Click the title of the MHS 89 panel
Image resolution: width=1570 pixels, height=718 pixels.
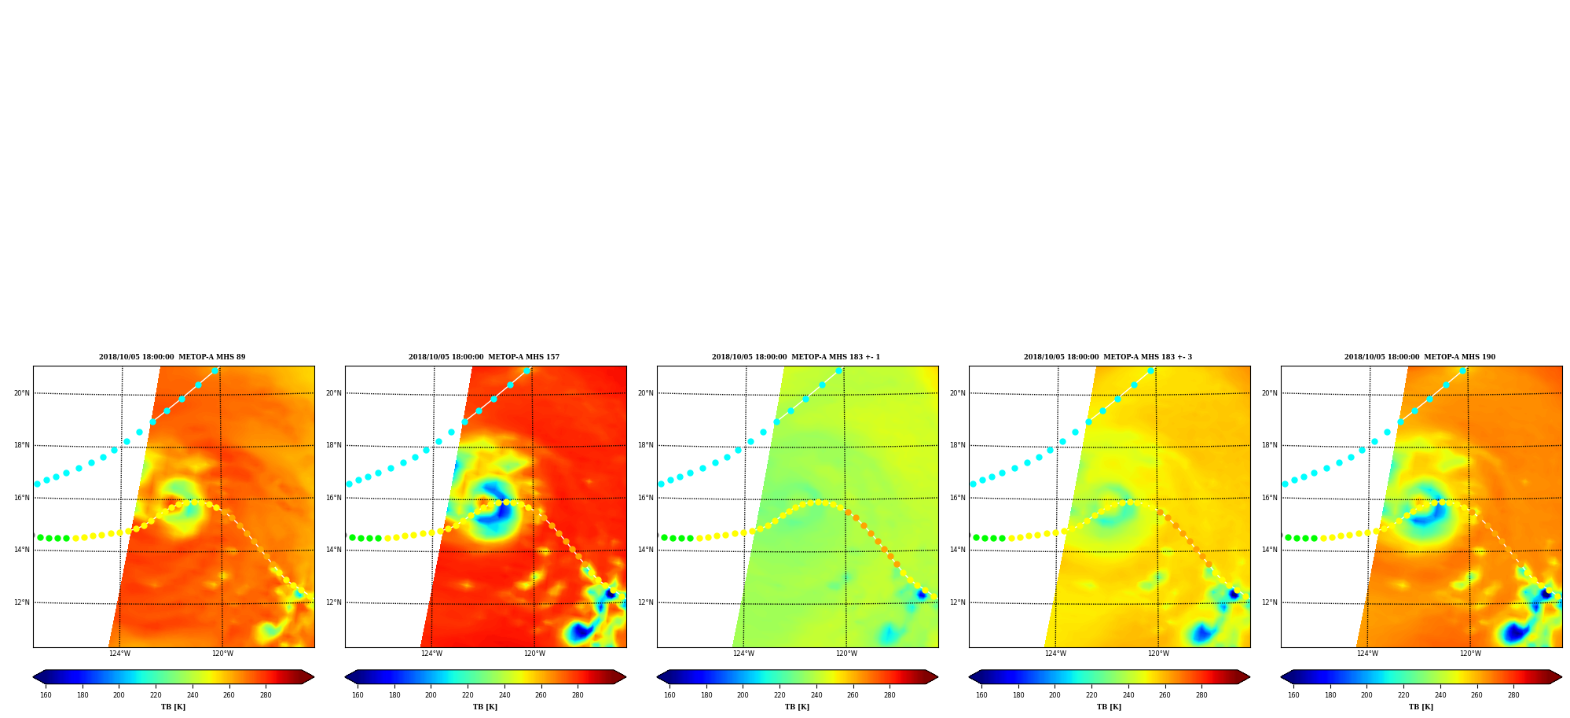click(x=172, y=357)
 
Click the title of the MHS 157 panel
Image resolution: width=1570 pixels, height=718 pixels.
click(x=484, y=357)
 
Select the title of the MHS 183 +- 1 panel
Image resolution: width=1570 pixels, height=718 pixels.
click(x=796, y=357)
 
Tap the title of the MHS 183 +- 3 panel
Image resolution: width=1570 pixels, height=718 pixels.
click(x=1108, y=357)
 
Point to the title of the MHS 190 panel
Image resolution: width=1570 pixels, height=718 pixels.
click(x=1420, y=357)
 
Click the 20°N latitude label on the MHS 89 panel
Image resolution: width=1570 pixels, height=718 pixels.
click(x=21, y=393)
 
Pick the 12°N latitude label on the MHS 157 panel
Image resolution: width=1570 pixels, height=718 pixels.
click(x=333, y=602)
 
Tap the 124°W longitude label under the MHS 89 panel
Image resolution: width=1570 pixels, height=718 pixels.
click(x=119, y=654)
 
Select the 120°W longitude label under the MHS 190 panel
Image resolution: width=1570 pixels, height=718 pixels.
click(x=1470, y=654)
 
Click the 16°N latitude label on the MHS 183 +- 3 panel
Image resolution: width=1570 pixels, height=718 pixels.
click(x=957, y=498)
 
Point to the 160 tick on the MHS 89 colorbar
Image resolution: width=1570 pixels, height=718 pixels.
click(x=46, y=695)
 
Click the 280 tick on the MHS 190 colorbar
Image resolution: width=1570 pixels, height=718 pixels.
click(x=1513, y=695)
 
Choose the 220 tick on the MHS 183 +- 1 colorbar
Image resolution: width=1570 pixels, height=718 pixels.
click(x=779, y=695)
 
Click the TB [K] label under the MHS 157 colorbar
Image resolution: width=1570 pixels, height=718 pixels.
click(x=485, y=707)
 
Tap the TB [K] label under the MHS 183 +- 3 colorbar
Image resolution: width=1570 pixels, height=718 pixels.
click(x=1109, y=707)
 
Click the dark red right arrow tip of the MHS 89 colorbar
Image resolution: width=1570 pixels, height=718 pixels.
click(x=314, y=677)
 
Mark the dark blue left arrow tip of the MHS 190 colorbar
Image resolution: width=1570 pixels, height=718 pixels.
click(x=1282, y=677)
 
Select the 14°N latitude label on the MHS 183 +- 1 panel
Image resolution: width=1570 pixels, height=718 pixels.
click(x=645, y=550)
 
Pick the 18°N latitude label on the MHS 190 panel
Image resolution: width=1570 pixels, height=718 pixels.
click(x=1270, y=445)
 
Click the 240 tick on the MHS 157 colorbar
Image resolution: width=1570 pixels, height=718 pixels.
click(x=504, y=695)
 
